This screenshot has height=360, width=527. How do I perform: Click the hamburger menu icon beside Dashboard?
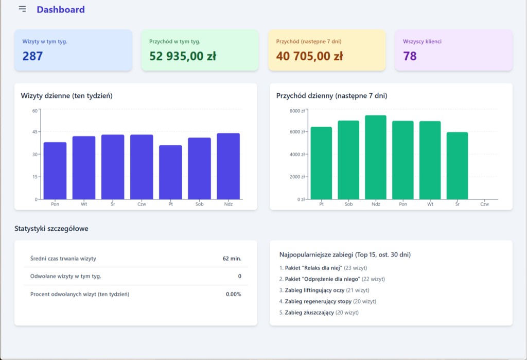(22, 9)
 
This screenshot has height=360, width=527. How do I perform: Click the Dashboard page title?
(61, 9)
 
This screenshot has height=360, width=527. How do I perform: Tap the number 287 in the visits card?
(32, 56)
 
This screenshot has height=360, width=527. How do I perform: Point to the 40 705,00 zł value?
(309, 56)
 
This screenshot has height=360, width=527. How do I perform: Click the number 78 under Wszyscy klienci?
(410, 56)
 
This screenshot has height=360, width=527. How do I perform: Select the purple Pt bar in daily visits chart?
(170, 172)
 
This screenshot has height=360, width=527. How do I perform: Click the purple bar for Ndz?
(228, 166)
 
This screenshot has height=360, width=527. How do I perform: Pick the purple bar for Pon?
(55, 170)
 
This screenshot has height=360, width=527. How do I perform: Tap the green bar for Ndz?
(376, 157)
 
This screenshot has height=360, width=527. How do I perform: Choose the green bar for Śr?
(457, 165)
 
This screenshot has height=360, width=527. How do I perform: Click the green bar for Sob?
(348, 160)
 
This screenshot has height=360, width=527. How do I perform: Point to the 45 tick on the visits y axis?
(35, 132)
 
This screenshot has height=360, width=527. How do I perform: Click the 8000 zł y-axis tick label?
(298, 111)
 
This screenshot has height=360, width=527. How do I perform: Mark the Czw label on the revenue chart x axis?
(484, 204)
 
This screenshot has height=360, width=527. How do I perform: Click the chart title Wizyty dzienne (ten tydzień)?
(66, 96)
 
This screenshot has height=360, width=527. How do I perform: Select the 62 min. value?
(232, 259)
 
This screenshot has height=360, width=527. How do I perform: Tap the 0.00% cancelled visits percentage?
(233, 294)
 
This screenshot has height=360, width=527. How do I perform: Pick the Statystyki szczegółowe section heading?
(51, 229)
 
